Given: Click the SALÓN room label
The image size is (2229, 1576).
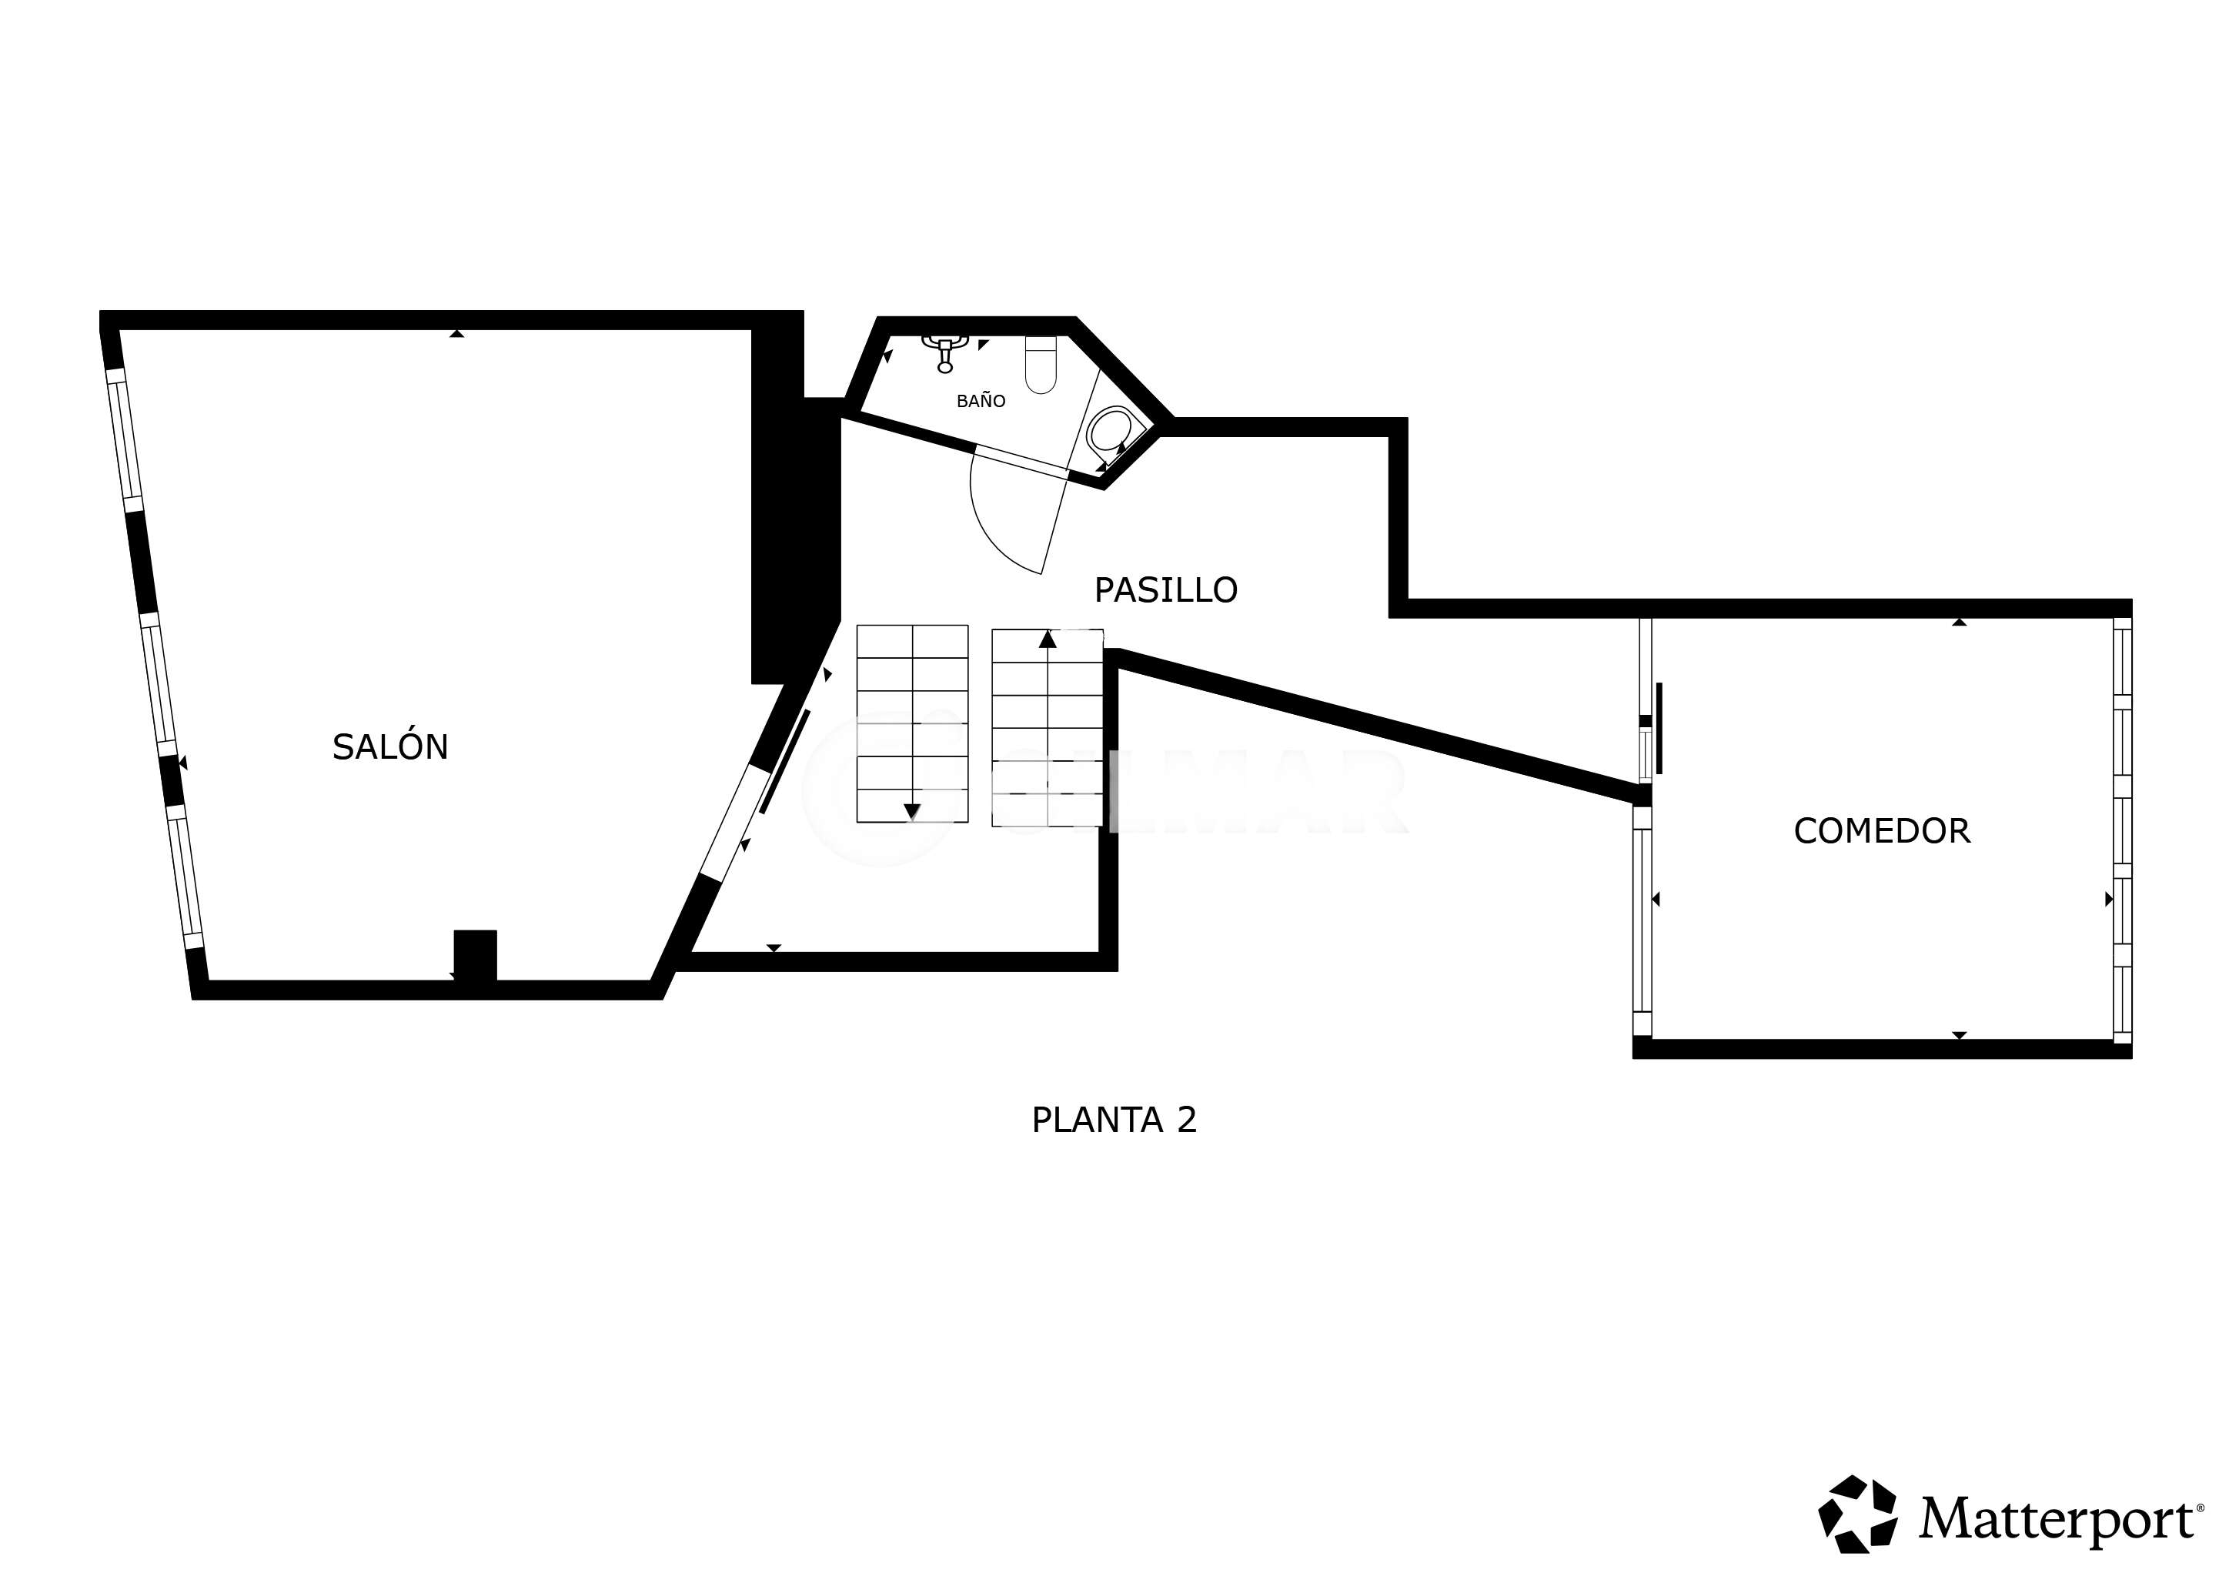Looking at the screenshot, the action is (x=390, y=746).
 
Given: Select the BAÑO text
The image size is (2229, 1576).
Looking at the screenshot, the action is (x=981, y=400).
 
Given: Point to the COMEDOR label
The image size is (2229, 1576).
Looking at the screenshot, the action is (x=1881, y=830).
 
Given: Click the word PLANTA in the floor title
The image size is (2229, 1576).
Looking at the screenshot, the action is (x=1097, y=1120).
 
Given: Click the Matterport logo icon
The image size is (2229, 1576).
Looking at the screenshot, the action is (x=1858, y=1513).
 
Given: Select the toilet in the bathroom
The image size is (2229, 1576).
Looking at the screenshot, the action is (x=1041, y=364).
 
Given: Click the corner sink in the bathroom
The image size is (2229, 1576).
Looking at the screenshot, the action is (x=1110, y=432).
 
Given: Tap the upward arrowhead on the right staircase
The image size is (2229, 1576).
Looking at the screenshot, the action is (x=1047, y=639).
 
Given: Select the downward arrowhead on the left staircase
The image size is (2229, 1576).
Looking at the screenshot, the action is (x=911, y=811).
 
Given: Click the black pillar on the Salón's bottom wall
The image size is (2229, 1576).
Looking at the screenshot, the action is (x=476, y=956).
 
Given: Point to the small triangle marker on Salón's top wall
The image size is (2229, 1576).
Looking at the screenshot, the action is (x=456, y=333).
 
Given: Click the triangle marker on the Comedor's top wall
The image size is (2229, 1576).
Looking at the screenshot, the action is (x=1959, y=621).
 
